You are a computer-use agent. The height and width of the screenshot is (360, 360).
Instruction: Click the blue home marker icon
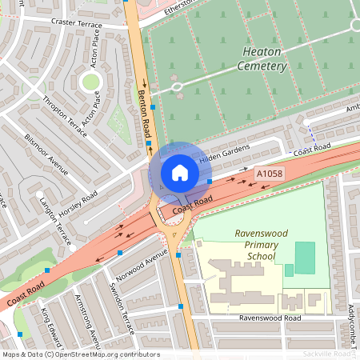[179, 172]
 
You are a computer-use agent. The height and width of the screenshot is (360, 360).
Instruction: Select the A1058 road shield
[269, 173]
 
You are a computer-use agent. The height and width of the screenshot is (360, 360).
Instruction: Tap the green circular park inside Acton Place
[90, 82]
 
